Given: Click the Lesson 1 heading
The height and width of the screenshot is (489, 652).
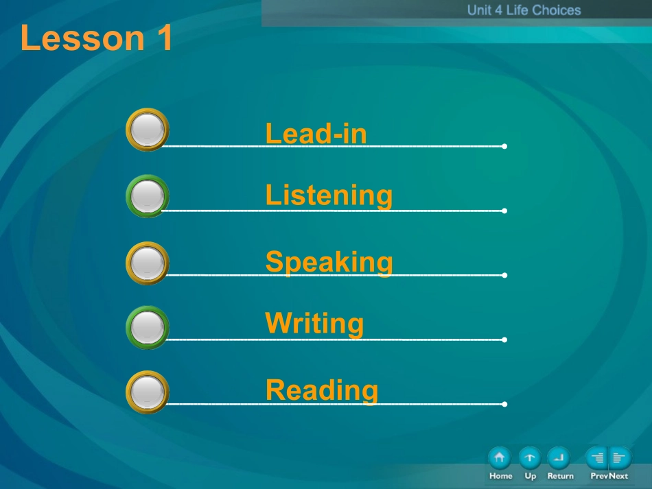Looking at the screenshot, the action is [x=96, y=38].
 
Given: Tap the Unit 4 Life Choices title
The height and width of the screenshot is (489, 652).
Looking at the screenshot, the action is [x=524, y=10].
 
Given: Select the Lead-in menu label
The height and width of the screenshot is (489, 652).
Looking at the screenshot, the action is [x=316, y=133].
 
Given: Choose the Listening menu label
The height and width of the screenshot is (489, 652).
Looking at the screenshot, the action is [x=329, y=195].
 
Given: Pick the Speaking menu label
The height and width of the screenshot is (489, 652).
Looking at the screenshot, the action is [x=329, y=262].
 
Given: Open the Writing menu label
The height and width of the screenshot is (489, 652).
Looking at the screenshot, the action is [x=314, y=323].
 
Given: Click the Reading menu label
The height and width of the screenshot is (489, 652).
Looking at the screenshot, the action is [x=322, y=390].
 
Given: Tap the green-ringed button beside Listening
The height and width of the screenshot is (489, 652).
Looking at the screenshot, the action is [x=147, y=196].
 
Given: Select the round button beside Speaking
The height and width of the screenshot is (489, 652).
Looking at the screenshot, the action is [x=147, y=263].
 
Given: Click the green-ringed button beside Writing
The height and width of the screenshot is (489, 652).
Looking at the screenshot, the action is [x=147, y=327].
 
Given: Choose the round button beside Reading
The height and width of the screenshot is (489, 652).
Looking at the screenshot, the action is [x=147, y=392].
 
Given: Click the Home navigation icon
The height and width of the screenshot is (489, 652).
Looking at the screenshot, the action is [x=500, y=458].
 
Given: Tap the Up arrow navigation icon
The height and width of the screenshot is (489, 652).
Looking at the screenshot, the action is [x=530, y=458].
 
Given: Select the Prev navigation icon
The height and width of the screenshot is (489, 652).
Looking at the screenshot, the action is [x=596, y=458].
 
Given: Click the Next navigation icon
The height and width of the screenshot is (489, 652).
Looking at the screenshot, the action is [x=620, y=458].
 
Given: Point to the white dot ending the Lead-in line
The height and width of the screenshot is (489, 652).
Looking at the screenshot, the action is [x=504, y=146].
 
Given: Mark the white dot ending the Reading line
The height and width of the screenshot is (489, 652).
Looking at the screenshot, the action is [x=504, y=404].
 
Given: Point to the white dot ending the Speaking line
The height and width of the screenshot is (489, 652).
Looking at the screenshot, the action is [x=504, y=275].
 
